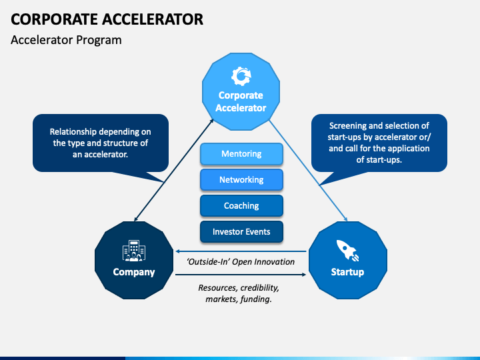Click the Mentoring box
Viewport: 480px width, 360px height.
click(x=241, y=154)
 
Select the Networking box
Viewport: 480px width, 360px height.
click(x=241, y=180)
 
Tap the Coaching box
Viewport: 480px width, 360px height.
click(x=241, y=206)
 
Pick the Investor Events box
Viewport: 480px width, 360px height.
click(x=241, y=232)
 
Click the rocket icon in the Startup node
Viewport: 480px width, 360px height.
click(x=347, y=251)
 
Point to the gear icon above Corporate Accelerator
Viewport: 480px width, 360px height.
click(x=241, y=75)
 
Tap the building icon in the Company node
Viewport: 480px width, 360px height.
click(x=133, y=251)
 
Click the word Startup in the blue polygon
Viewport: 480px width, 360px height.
click(x=347, y=272)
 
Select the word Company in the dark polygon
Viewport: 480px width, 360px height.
click(x=133, y=272)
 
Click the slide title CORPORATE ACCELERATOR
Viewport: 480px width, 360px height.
click(x=107, y=19)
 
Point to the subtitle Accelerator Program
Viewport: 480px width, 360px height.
click(x=66, y=40)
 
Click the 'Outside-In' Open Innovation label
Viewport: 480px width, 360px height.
click(x=241, y=261)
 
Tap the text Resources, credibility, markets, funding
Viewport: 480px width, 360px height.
click(x=238, y=294)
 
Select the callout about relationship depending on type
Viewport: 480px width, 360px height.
click(x=101, y=143)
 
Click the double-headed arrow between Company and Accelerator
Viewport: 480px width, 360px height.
click(x=175, y=169)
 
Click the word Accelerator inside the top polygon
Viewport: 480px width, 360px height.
click(x=241, y=108)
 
